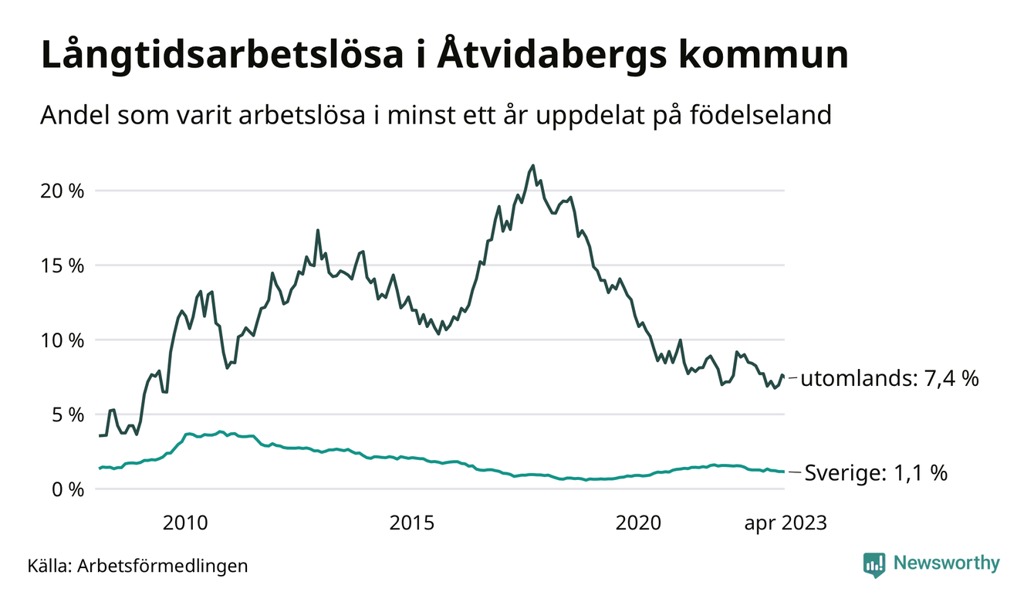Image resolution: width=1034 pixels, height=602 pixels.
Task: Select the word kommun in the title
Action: (x=766, y=57)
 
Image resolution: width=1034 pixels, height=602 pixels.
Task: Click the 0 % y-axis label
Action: (x=68, y=489)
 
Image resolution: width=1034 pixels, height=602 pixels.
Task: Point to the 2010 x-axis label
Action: (x=185, y=524)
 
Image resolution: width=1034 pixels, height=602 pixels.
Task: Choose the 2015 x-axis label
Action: (x=412, y=524)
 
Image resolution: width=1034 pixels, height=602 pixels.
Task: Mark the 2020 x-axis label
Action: (x=639, y=524)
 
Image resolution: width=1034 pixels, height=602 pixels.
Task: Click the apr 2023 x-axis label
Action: (x=785, y=524)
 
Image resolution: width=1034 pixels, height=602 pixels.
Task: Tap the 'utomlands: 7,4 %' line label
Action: (x=890, y=379)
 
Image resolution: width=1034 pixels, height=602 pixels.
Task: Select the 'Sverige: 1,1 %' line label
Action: (x=876, y=472)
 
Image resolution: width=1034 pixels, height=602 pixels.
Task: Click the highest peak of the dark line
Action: (x=532, y=165)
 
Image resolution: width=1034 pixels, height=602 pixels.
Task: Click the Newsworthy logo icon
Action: (x=874, y=564)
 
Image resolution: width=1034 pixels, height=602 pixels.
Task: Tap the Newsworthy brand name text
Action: (x=946, y=563)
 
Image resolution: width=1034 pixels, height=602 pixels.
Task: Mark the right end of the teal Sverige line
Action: (x=784, y=472)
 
